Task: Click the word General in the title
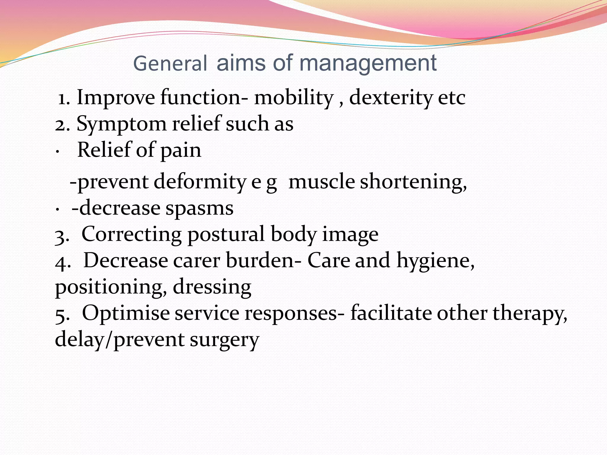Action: coord(170,63)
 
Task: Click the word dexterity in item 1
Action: coord(391,98)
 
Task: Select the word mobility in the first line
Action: coord(294,98)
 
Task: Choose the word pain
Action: coord(181,150)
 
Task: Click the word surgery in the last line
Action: coord(224,340)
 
